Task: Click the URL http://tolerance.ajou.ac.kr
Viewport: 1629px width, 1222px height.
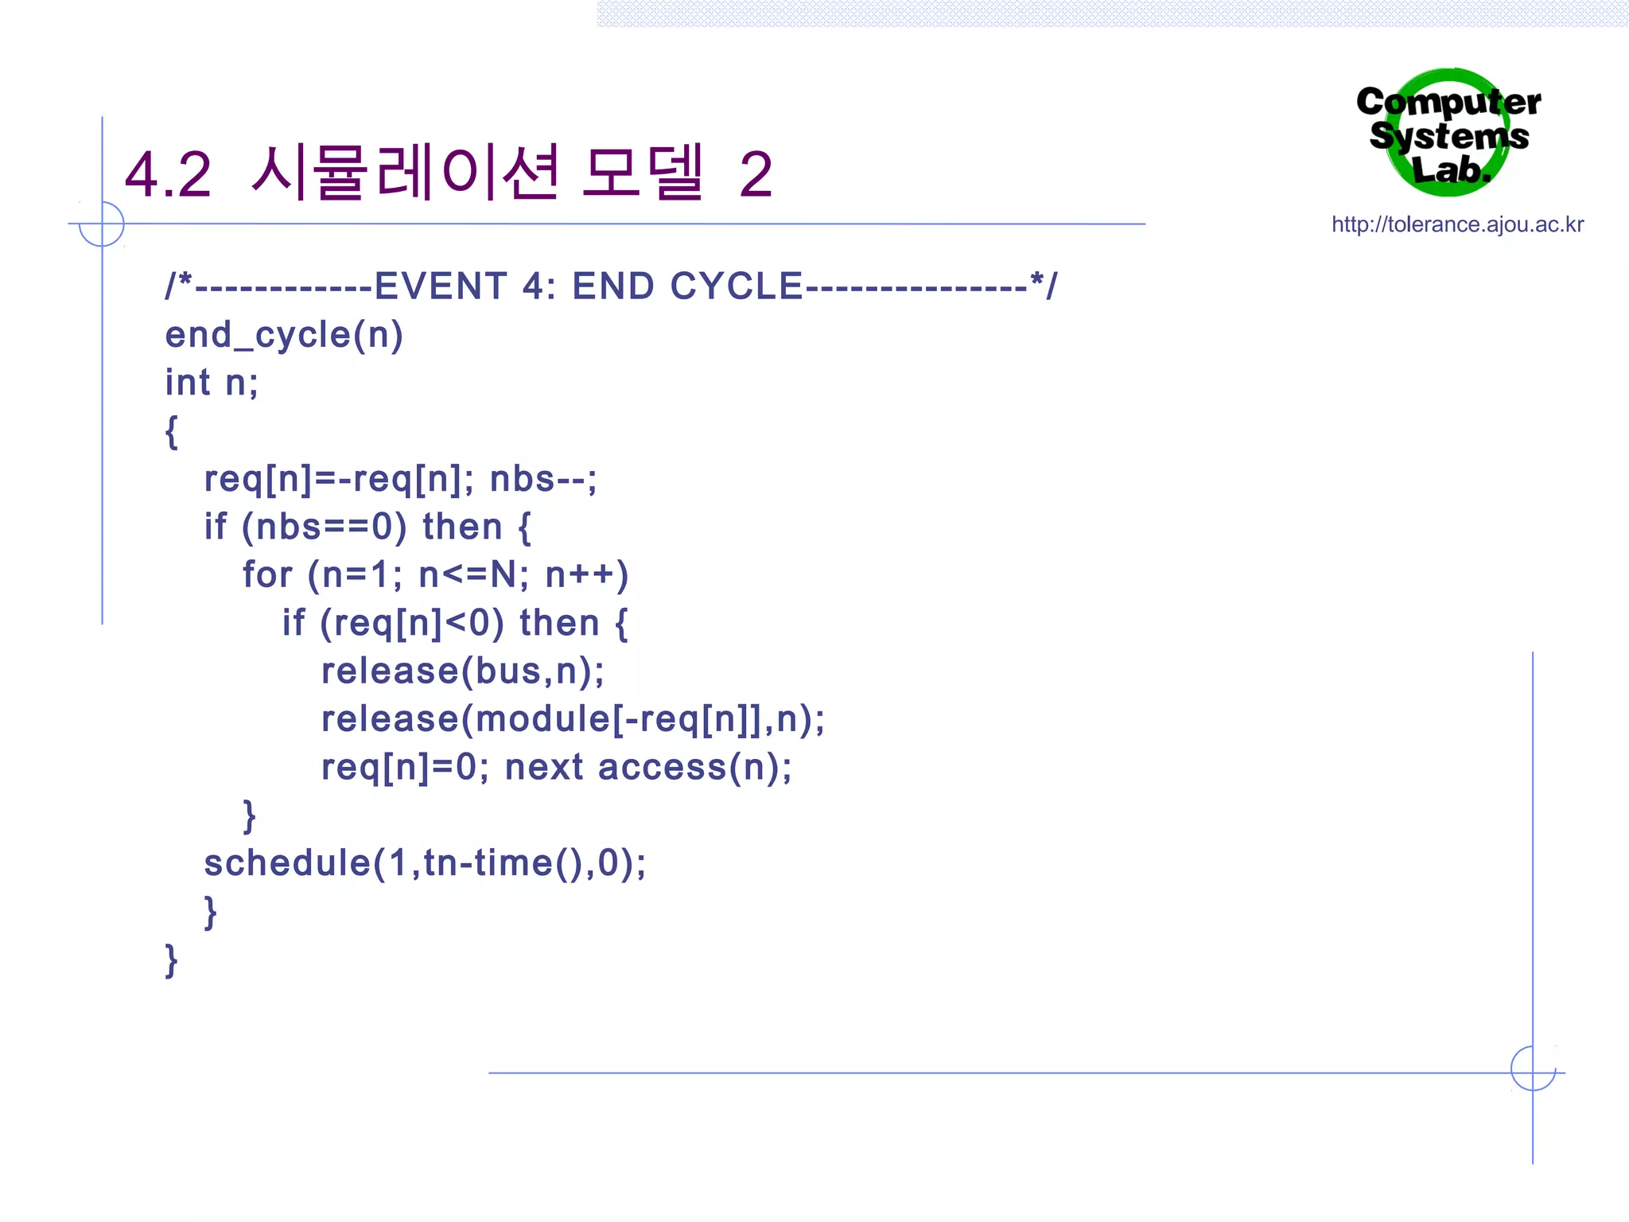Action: coord(1457,224)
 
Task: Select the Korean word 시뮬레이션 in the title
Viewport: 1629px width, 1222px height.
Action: coord(405,173)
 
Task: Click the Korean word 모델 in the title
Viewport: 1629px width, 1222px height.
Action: coord(643,173)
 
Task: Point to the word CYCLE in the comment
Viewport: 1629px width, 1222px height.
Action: coord(736,286)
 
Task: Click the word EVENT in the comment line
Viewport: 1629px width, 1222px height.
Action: coord(441,286)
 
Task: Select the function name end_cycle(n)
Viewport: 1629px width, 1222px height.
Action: coord(284,335)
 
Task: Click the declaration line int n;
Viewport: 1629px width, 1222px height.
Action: coord(212,383)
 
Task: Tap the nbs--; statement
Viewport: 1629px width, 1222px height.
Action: coord(543,479)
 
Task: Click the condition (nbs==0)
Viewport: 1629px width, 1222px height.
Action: coord(324,527)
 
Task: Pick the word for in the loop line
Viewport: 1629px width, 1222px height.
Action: coord(267,574)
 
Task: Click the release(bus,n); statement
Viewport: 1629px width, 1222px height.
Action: coord(462,671)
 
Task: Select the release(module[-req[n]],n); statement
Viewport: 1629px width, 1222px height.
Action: coord(573,719)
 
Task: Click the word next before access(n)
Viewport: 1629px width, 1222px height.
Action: coord(544,768)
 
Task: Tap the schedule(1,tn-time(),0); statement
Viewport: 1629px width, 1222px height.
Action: coord(425,863)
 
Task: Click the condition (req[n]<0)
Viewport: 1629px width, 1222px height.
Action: coord(411,623)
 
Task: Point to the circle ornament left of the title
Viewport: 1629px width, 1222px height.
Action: coord(102,224)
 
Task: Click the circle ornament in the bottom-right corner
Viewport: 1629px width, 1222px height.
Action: coord(1533,1068)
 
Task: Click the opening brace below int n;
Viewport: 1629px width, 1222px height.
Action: coord(171,432)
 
